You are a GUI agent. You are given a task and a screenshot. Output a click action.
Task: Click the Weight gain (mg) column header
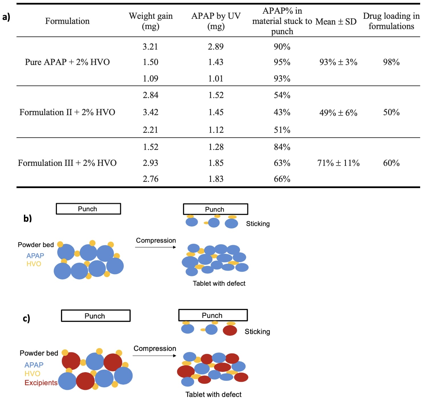point(151,21)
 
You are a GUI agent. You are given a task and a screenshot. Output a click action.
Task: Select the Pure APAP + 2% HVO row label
point(67,62)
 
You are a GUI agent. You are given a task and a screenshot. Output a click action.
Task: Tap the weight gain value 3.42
point(150,112)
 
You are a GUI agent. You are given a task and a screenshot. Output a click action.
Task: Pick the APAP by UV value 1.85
point(216,163)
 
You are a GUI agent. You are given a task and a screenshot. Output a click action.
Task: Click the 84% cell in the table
point(282,147)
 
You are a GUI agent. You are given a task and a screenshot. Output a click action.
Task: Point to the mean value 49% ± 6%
point(338,113)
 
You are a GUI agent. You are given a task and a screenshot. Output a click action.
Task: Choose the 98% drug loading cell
point(391,62)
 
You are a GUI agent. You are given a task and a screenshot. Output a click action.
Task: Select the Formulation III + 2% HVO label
point(67,163)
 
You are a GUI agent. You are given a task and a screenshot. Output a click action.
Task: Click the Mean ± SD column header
point(336,22)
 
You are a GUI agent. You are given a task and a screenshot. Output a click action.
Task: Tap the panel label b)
point(28,218)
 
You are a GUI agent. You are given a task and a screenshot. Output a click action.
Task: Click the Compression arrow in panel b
point(155,247)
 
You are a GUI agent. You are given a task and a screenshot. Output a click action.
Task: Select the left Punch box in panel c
point(96,316)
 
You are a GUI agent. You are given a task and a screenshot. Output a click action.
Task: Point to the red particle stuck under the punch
point(230,330)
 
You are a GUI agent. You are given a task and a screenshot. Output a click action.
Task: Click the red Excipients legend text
point(41,383)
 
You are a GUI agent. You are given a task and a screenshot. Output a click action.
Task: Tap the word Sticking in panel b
point(258,224)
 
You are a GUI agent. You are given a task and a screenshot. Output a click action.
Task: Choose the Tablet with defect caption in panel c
point(213,394)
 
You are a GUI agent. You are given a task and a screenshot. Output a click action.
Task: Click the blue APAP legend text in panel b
point(35,256)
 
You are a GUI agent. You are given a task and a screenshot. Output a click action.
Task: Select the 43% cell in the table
point(282,112)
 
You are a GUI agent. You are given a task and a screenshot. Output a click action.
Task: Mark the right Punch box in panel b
point(215,209)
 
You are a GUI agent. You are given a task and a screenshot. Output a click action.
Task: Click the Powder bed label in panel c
point(39,353)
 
